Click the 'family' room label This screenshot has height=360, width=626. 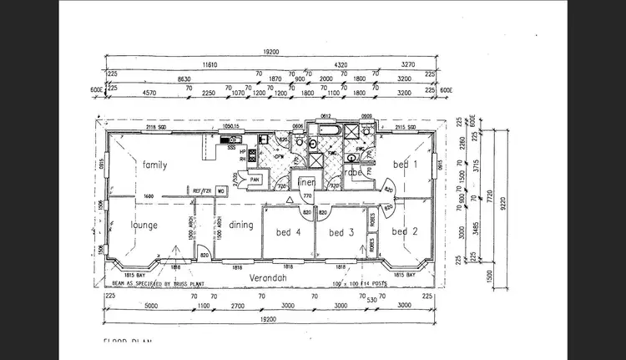(154, 165)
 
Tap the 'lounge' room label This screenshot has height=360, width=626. (144, 226)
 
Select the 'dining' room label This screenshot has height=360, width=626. (240, 225)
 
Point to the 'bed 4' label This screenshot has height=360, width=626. (288, 231)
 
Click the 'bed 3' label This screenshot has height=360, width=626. (341, 231)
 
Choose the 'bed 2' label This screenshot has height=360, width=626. (405, 231)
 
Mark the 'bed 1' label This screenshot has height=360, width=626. (405, 165)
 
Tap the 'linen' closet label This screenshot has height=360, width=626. (306, 182)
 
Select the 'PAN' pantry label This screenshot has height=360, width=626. (255, 179)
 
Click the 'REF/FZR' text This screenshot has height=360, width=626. (201, 191)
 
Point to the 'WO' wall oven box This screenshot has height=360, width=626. (221, 191)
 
